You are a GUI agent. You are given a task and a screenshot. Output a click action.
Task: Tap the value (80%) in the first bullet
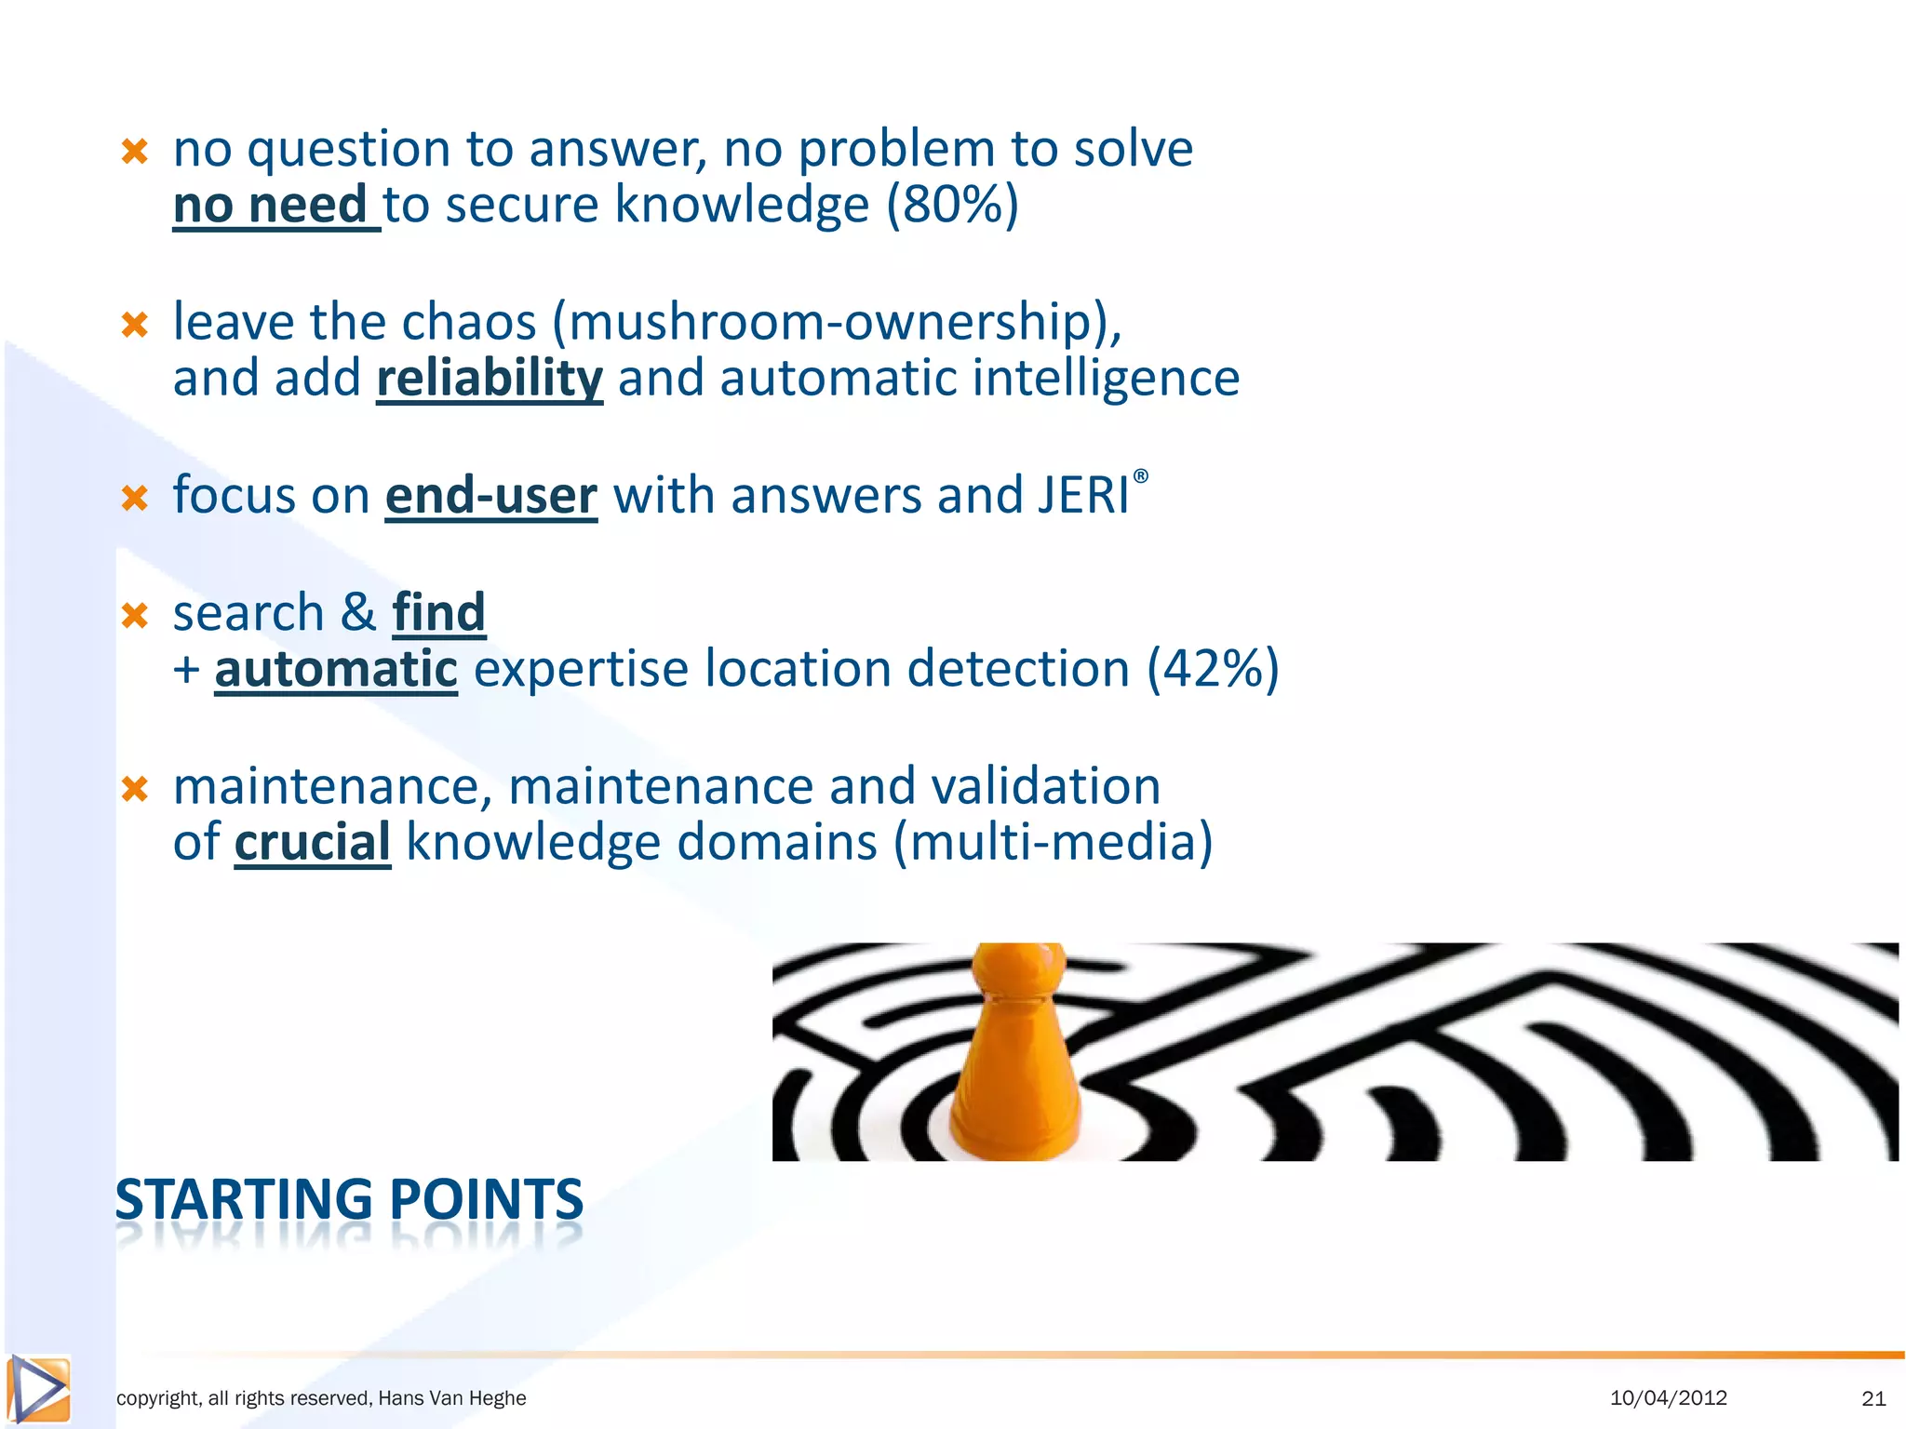[x=952, y=206]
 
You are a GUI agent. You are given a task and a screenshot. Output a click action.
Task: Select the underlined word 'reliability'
[x=490, y=379]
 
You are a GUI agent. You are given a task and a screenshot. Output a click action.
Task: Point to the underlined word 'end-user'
[x=490, y=496]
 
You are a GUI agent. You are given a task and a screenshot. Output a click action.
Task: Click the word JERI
[x=1083, y=496]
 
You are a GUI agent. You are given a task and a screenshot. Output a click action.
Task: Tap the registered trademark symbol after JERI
[x=1141, y=476]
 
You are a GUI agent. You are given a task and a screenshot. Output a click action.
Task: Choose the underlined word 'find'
[x=439, y=613]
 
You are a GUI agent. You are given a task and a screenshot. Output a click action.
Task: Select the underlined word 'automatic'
[x=336, y=670]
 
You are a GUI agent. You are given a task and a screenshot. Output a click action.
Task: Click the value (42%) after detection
[x=1213, y=670]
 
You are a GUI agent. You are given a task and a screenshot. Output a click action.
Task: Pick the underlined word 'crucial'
[x=312, y=843]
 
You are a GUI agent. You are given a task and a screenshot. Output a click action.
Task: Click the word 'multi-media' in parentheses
[x=1054, y=843]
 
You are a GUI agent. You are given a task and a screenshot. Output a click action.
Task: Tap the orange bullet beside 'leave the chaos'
[x=135, y=325]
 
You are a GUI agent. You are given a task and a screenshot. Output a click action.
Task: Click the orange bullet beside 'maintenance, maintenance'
[x=135, y=789]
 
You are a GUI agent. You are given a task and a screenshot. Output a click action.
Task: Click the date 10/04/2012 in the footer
[x=1668, y=1397]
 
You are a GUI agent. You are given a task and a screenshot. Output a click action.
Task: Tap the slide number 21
[x=1873, y=1397]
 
